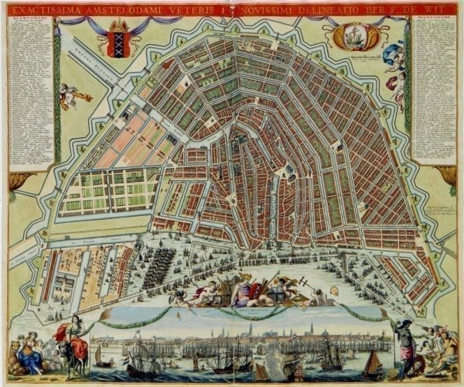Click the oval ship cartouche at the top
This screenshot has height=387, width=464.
[x=354, y=36]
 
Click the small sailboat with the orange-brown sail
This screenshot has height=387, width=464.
[x=372, y=364]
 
